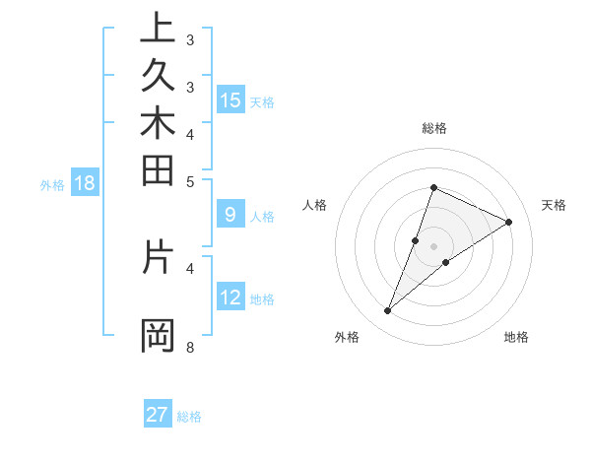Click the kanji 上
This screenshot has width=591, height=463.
click(157, 30)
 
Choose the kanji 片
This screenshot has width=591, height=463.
click(157, 258)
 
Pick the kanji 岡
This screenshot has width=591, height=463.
click(157, 335)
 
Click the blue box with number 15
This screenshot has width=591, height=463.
click(230, 100)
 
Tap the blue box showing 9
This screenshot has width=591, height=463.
click(230, 214)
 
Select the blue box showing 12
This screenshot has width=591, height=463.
click(230, 298)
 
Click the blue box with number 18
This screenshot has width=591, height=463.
click(85, 182)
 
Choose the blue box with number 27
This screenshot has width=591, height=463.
click(158, 415)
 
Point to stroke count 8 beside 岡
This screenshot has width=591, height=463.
click(189, 347)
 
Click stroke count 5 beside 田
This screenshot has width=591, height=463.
click(190, 181)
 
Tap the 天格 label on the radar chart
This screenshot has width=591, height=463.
click(555, 205)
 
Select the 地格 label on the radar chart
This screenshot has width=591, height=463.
click(516, 337)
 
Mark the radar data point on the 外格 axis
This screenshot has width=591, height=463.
click(388, 311)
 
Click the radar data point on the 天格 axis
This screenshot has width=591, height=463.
click(509, 222)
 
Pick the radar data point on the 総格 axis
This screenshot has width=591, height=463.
click(433, 187)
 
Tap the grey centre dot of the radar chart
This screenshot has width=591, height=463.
click(433, 246)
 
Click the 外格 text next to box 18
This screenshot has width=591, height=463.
click(52, 183)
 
